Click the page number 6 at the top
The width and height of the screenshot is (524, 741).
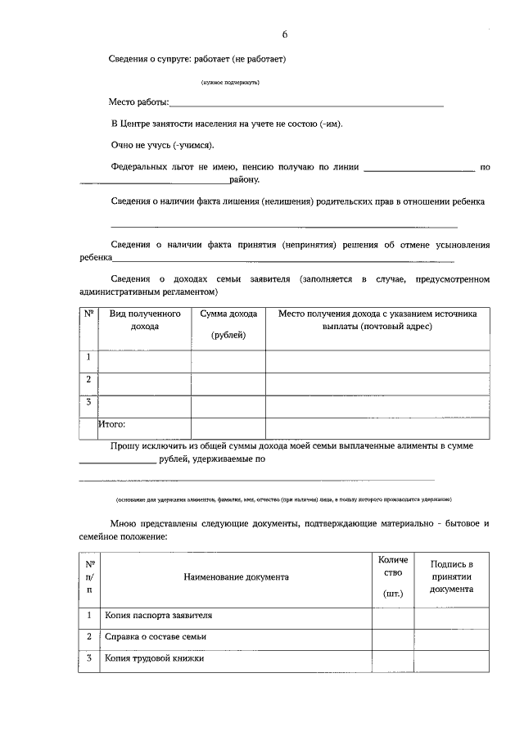(285, 34)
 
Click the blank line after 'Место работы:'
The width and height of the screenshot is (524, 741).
(306, 104)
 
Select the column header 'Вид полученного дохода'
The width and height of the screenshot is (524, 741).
(144, 319)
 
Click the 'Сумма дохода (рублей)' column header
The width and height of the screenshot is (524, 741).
(228, 324)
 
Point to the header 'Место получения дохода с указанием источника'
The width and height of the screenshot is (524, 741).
(377, 319)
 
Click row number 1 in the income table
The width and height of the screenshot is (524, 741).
(88, 357)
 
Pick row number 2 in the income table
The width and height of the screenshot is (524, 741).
(88, 380)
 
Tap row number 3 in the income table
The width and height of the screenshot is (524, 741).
(88, 402)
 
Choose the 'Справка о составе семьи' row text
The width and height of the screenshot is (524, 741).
(156, 636)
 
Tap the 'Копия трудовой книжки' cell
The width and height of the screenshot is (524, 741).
(154, 658)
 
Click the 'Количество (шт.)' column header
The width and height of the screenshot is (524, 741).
(393, 576)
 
